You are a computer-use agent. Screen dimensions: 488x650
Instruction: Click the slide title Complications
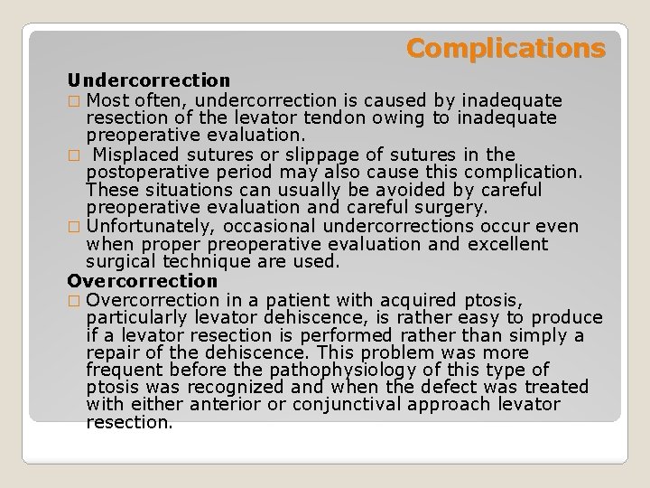point(505,48)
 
